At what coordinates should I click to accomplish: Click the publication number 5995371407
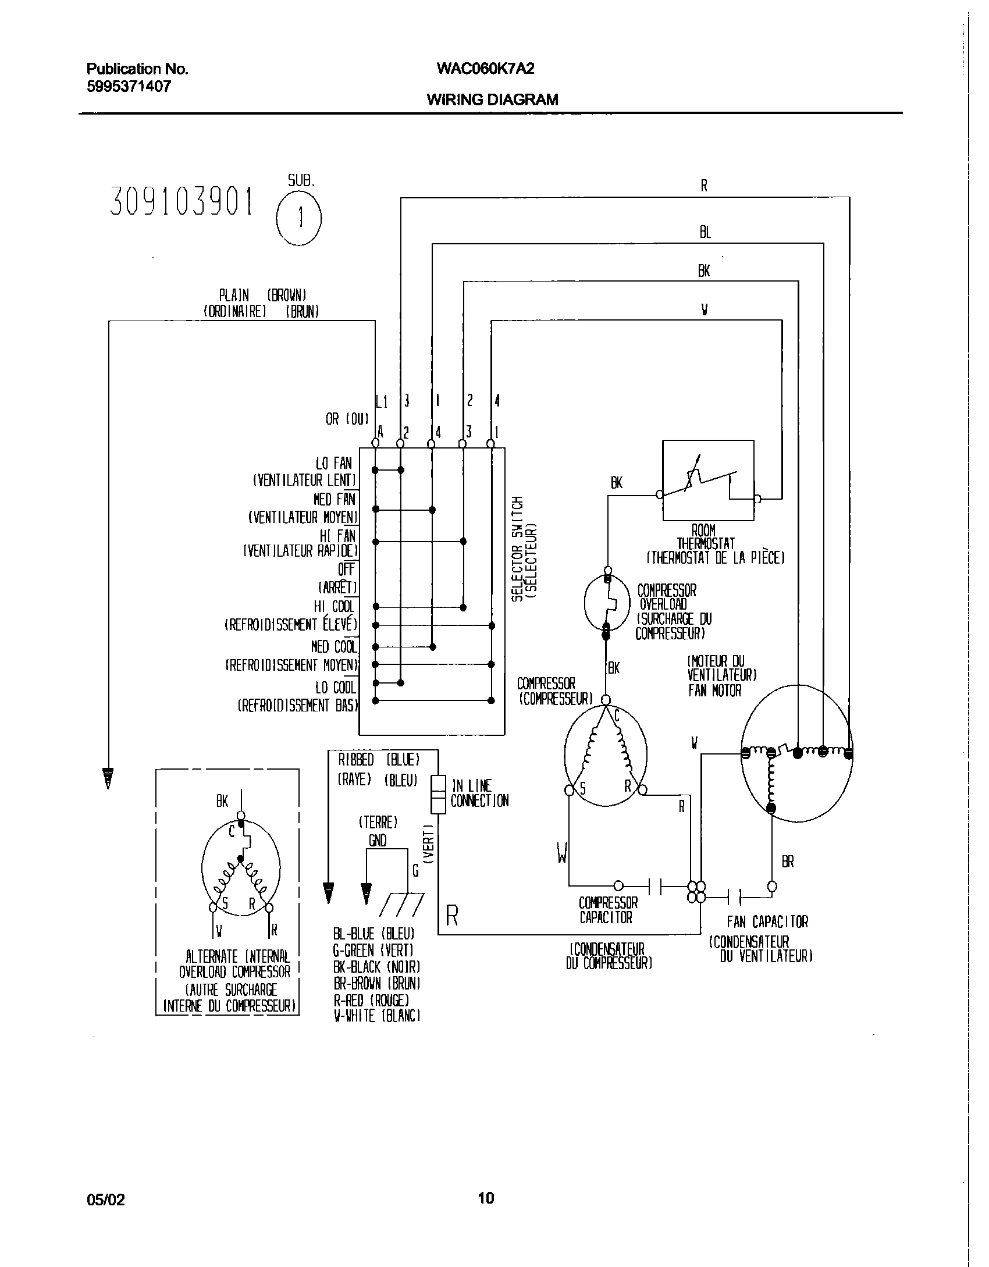click(129, 87)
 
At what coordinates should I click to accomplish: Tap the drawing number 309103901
click(182, 202)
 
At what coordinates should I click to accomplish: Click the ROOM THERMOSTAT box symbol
click(708, 480)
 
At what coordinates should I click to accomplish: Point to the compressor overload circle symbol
click(607, 603)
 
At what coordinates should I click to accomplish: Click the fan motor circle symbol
click(797, 753)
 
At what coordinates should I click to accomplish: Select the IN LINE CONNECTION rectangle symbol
click(438, 793)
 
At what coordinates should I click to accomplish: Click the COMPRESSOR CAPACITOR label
click(608, 910)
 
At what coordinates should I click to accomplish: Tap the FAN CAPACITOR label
click(767, 922)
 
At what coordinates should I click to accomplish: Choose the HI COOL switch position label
click(335, 607)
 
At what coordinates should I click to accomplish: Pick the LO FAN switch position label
click(334, 464)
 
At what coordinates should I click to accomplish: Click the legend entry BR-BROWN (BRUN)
click(377, 984)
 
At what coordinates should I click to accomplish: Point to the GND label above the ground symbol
click(378, 840)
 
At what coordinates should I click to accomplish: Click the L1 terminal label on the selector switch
click(382, 401)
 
